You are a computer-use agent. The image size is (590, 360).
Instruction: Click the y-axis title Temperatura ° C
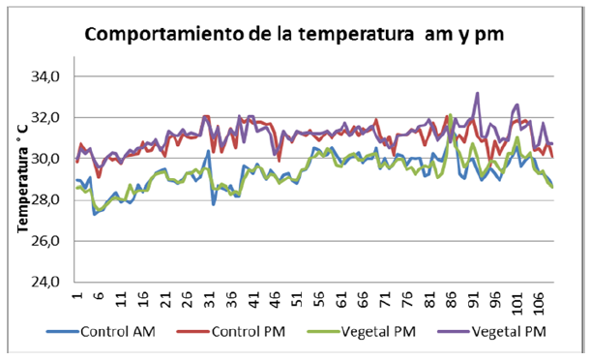[x=20, y=180]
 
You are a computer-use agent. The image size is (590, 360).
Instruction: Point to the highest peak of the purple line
[x=478, y=94]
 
